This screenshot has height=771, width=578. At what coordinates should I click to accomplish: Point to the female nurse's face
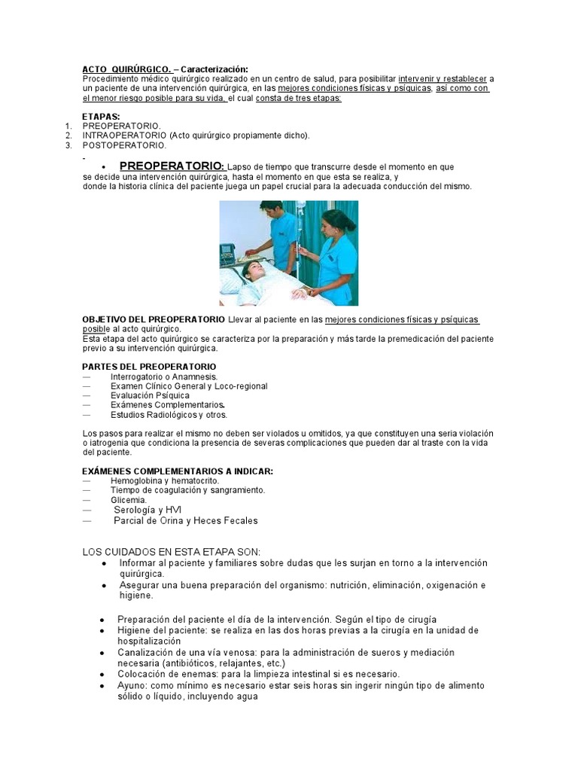tap(331, 225)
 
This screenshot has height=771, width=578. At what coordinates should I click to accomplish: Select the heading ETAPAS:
tap(101, 116)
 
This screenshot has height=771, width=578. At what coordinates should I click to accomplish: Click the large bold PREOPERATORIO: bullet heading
tap(172, 166)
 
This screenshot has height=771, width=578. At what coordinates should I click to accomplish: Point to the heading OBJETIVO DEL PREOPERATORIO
tap(154, 320)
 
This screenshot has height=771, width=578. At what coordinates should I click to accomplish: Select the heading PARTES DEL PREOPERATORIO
tap(149, 366)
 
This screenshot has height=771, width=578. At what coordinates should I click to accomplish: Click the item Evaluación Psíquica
tap(150, 395)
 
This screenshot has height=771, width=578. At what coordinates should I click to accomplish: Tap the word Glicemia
tap(129, 500)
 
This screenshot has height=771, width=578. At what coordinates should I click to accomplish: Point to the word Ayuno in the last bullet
tap(131, 686)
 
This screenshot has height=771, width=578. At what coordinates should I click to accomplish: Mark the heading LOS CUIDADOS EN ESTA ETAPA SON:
tap(171, 552)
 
